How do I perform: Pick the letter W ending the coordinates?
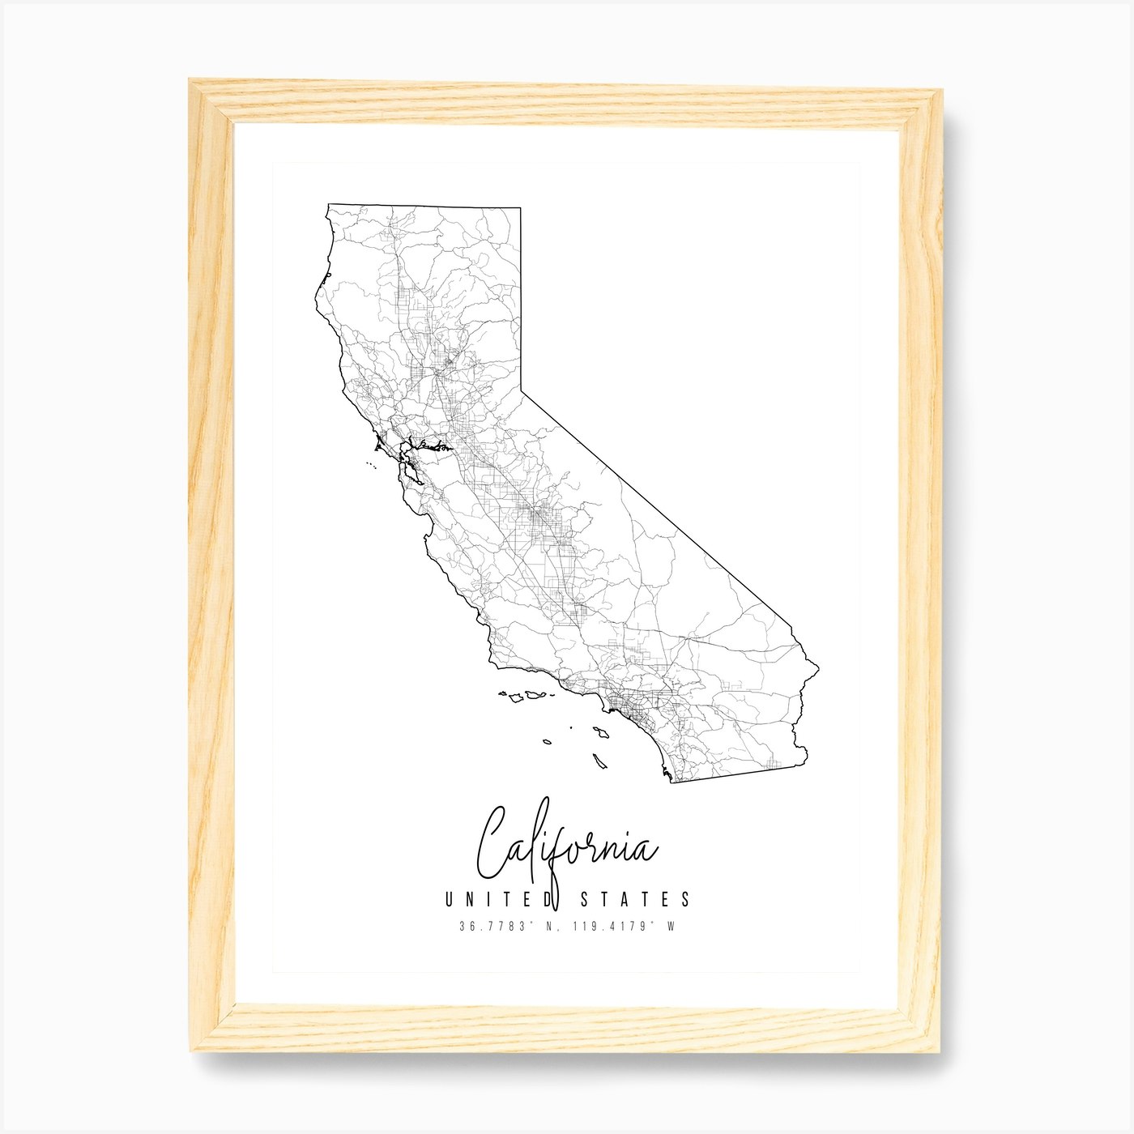(x=671, y=927)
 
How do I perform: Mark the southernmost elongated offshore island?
(x=600, y=762)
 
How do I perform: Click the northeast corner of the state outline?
(x=519, y=208)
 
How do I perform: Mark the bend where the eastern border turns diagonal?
(x=519, y=390)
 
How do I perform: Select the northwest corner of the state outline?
(x=326, y=206)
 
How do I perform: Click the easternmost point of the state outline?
(x=817, y=670)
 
